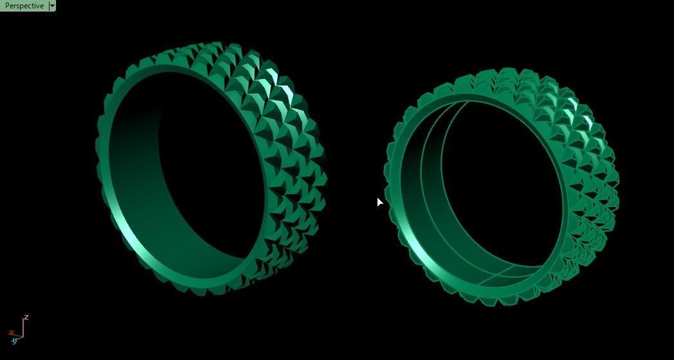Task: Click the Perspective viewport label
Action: pos(24,6)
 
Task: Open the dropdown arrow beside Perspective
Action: pos(52,6)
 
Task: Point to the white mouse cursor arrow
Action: pos(379,202)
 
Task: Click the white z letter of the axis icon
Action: pos(26,318)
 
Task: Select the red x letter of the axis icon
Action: pos(11,332)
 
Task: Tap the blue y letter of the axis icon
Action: pos(14,341)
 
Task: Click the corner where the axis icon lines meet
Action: pos(23,336)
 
